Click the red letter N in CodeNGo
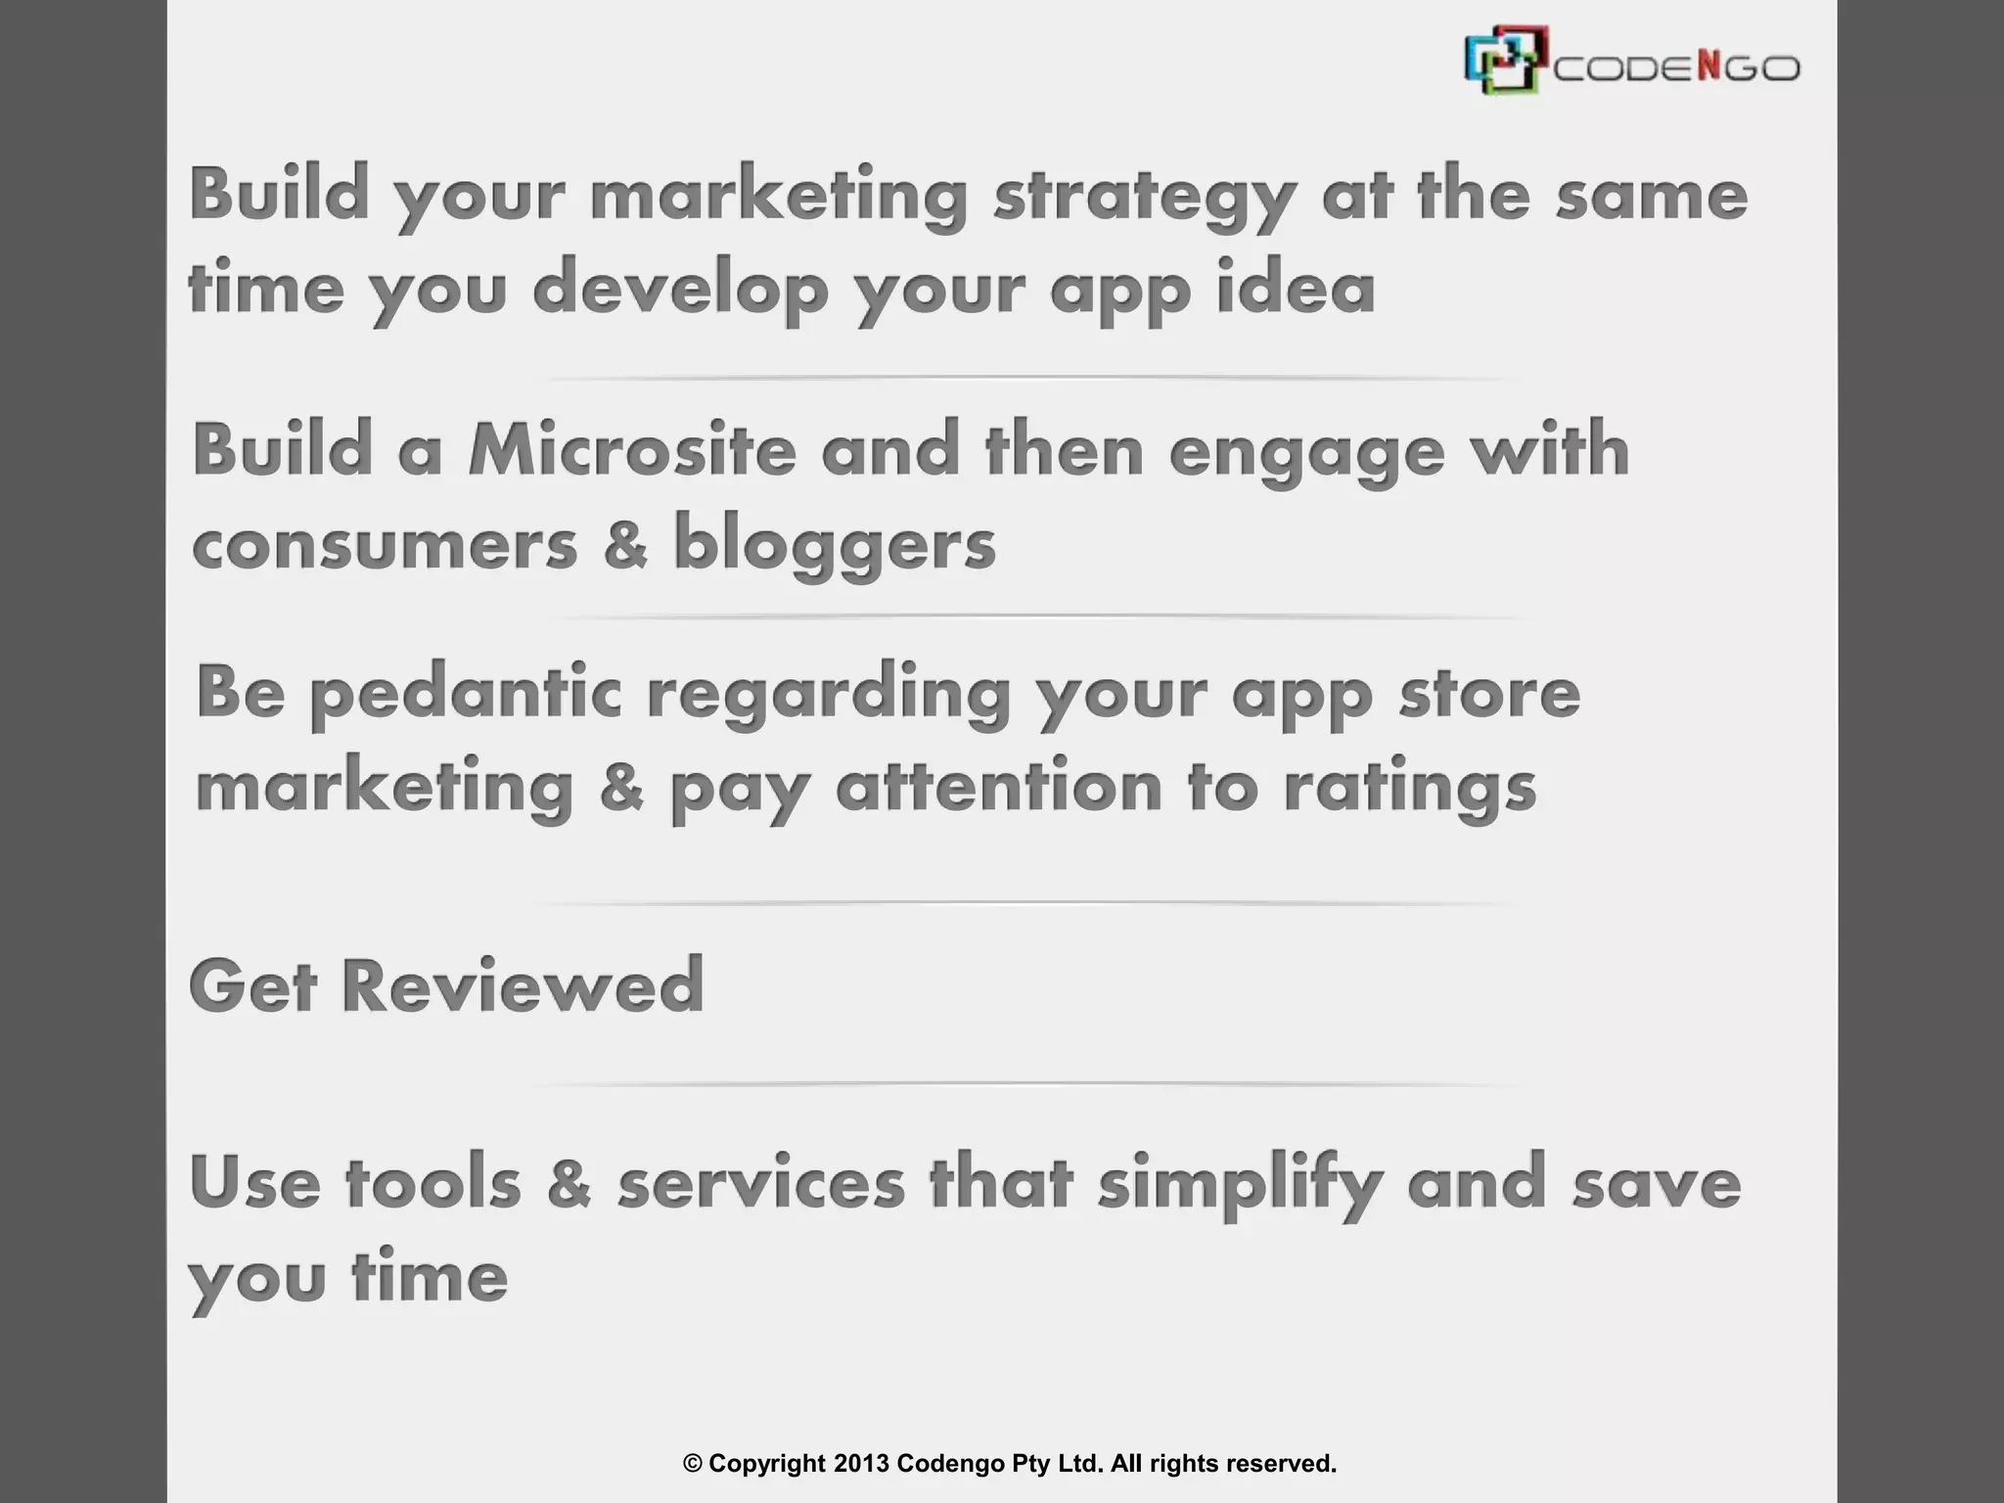[1708, 67]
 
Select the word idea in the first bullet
[1296, 289]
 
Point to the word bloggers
[834, 544]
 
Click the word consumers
[385, 546]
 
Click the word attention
[998, 788]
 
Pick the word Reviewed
[523, 986]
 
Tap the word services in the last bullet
[761, 1183]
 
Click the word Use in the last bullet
[254, 1182]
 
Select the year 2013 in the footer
[861, 1464]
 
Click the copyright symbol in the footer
[693, 1464]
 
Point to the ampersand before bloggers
[625, 544]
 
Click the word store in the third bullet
[1488, 694]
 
